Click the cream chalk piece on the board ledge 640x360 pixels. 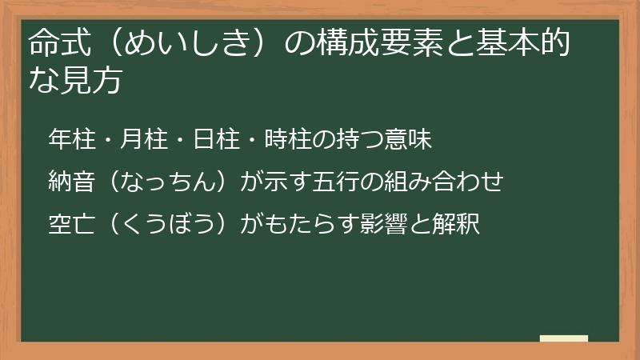tap(564, 339)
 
